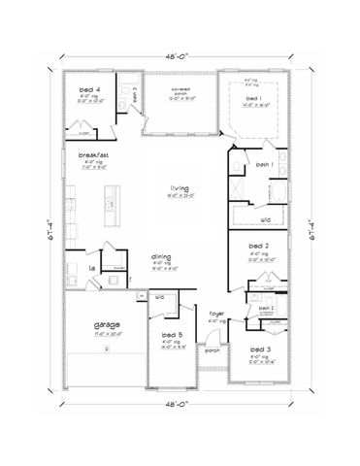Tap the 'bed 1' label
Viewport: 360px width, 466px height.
point(253,99)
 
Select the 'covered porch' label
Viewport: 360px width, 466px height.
point(179,90)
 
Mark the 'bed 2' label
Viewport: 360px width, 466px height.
point(258,248)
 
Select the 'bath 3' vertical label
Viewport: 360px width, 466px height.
point(135,94)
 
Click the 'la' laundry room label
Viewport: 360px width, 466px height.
point(91,268)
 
